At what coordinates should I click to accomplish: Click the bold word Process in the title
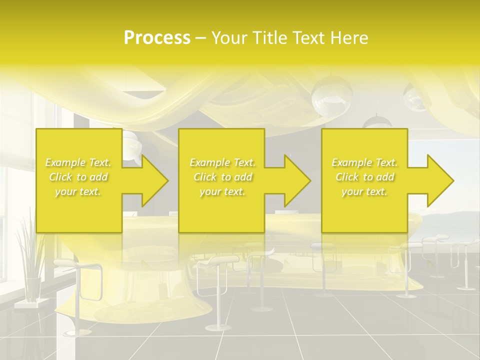click(x=157, y=38)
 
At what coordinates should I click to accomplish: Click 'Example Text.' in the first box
click(x=78, y=162)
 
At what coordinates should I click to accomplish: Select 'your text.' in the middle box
click(x=222, y=191)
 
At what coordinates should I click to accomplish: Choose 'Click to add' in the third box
click(x=365, y=177)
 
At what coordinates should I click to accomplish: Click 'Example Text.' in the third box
click(x=365, y=162)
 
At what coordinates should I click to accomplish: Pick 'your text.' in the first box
click(x=78, y=191)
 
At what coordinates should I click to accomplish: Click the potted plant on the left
click(x=31, y=265)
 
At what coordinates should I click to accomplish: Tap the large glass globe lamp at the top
click(x=331, y=93)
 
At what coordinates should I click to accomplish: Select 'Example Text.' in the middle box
click(x=222, y=162)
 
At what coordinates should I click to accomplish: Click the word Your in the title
click(x=229, y=38)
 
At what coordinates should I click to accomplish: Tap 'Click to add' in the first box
click(x=78, y=177)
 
